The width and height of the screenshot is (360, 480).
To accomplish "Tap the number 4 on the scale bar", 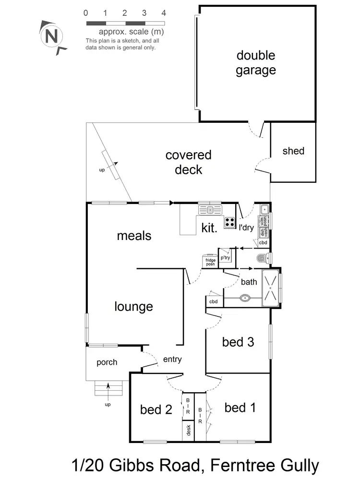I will coord(164,13).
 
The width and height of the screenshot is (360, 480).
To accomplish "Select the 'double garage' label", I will coord(256,63).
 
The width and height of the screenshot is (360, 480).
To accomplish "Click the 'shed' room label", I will coord(293,151).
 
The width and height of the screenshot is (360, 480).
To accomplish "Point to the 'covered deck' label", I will coord(188,162).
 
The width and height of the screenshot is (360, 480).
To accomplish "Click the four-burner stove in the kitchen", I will coord(229,222).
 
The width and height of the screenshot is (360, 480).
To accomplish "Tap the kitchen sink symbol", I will coord(210,209).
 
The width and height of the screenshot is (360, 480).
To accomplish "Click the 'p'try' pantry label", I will coord(225,258).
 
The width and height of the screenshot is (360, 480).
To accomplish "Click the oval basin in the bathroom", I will coord(245,298).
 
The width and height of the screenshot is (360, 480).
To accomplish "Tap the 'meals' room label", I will coord(134,236).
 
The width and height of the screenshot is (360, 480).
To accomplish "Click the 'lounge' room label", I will coord(133,307).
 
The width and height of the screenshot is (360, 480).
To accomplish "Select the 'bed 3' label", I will coord(238,342).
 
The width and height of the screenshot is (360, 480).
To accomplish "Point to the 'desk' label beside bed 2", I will coord(188,430).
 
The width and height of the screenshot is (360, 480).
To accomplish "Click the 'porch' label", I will coord(107,362).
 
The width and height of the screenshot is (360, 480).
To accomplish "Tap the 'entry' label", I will coord(172,359).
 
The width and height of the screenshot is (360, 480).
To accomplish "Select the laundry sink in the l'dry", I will coord(264,210).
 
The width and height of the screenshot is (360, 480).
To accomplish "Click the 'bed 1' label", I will coord(240,408).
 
